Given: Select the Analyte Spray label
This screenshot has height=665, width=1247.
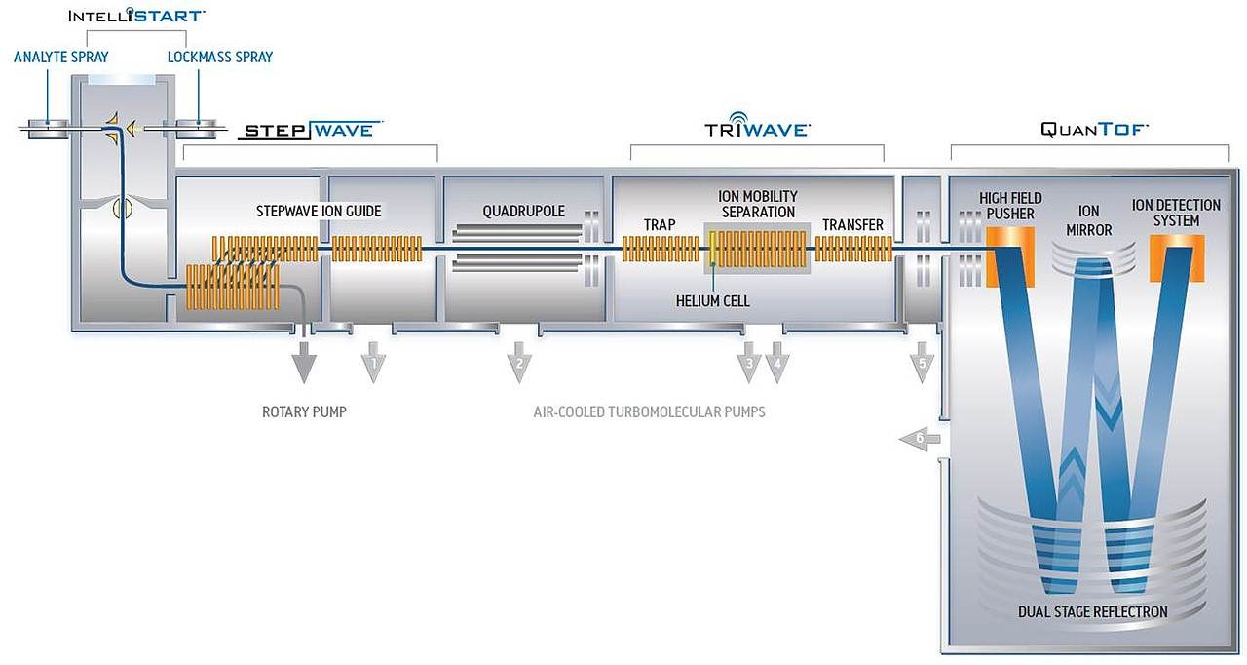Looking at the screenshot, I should click(x=60, y=58).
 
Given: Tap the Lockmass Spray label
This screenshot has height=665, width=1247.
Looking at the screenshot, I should click(x=220, y=58).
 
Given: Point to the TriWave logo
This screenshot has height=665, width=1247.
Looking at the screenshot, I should click(x=757, y=129).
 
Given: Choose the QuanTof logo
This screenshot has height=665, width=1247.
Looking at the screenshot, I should click(x=1093, y=129).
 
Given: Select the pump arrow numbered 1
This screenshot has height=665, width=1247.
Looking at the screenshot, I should click(x=373, y=364).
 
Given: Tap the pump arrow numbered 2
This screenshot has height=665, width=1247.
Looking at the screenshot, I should click(x=519, y=364).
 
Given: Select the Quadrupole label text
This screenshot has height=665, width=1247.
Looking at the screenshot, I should click(x=523, y=211).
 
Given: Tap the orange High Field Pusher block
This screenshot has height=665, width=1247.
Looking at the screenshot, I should click(x=1009, y=255).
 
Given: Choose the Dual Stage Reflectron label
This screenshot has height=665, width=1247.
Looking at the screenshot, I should click(x=1092, y=612).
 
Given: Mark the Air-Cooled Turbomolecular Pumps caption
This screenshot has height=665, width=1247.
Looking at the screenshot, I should click(x=649, y=412).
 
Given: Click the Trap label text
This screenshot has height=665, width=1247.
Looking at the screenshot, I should click(x=660, y=225).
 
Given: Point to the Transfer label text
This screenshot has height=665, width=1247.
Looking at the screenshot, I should click(x=852, y=225).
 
